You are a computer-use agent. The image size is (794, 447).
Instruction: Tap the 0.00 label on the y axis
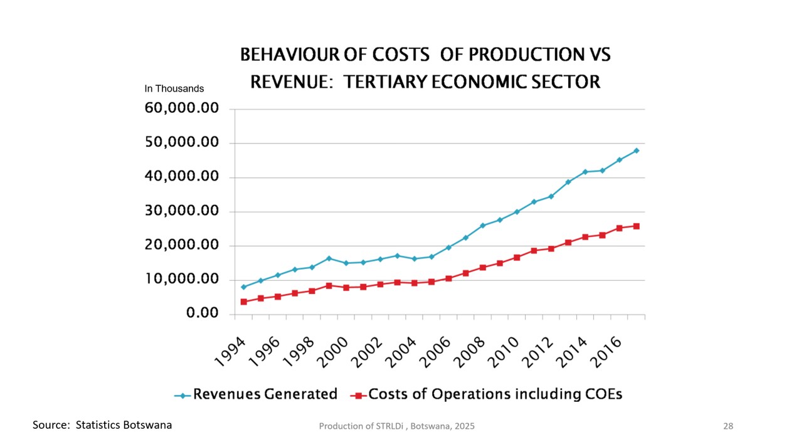point(202,313)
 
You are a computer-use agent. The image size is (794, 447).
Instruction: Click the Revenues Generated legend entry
point(265,394)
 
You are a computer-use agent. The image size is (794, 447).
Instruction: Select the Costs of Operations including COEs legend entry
point(495,394)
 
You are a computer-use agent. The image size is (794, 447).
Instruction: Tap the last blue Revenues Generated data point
point(636,150)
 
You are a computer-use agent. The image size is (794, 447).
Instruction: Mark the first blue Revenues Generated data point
point(243,287)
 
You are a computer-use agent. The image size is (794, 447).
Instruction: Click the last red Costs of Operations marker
point(636,226)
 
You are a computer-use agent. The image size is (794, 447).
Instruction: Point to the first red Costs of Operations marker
point(243,302)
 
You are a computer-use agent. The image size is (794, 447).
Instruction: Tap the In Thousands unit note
point(174,88)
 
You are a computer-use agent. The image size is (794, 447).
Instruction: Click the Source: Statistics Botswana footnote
point(102,424)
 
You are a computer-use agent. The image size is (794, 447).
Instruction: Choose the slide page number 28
point(728,426)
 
